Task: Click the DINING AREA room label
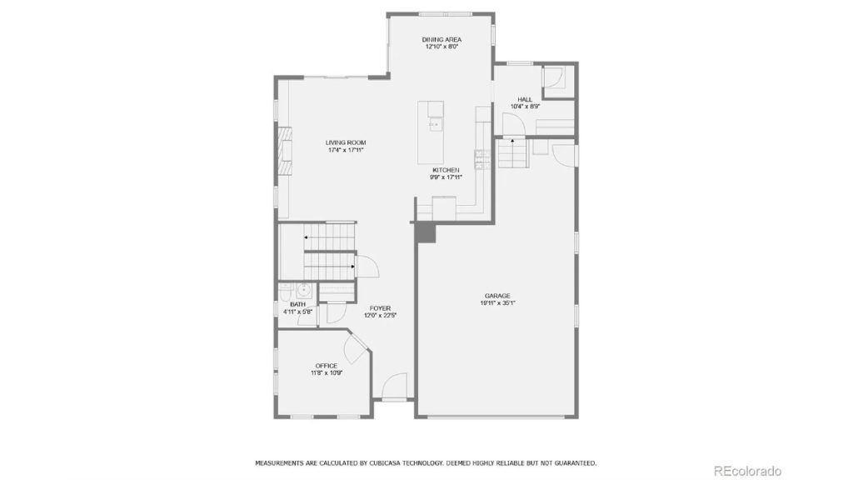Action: click(x=441, y=39)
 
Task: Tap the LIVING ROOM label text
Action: click(x=345, y=142)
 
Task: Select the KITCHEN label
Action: click(x=446, y=169)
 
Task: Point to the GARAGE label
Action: click(x=497, y=296)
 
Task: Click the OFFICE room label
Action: click(x=326, y=365)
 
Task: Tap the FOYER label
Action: click(x=379, y=308)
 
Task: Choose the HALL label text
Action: click(x=525, y=99)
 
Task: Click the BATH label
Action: click(x=297, y=304)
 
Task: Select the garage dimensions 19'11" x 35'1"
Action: click(x=497, y=303)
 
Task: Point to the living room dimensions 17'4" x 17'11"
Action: click(x=345, y=150)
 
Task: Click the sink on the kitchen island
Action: click(x=434, y=125)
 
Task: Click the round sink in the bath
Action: click(x=305, y=290)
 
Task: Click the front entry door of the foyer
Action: click(x=394, y=387)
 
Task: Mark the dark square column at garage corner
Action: click(x=426, y=234)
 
